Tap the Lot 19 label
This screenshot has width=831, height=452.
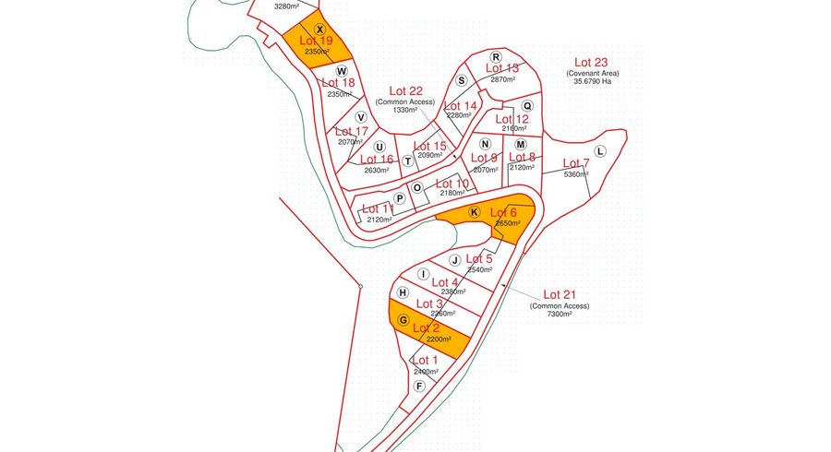[x=316, y=41]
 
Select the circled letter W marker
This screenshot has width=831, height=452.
[x=341, y=70]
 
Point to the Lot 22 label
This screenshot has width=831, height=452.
[x=405, y=90]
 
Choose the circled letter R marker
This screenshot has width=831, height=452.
[x=495, y=56]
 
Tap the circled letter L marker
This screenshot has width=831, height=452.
[x=600, y=151]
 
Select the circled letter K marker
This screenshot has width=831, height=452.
[x=474, y=212]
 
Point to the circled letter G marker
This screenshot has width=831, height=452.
[x=403, y=320]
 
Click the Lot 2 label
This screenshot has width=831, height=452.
[x=426, y=327]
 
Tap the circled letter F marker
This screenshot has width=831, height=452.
[x=420, y=387]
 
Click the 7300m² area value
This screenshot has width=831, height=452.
[x=559, y=315]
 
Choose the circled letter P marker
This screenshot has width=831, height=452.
[x=400, y=198]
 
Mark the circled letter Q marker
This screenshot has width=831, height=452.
[x=527, y=106]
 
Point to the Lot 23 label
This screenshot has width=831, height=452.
[x=588, y=63]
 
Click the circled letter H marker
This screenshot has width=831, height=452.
[x=403, y=291]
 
